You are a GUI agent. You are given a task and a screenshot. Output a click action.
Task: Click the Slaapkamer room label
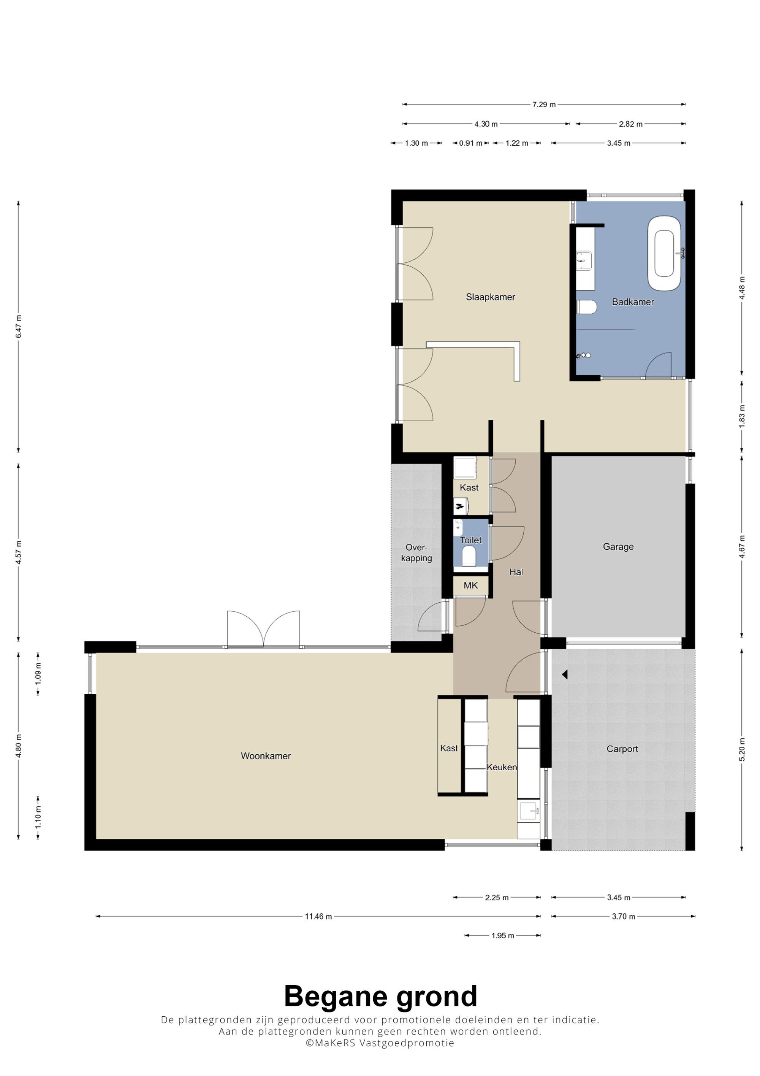click(x=490, y=297)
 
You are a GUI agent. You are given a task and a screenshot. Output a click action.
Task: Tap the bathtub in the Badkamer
click(x=665, y=254)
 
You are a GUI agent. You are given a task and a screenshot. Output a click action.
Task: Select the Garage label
click(x=618, y=547)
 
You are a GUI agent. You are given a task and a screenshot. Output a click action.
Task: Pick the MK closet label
click(x=470, y=585)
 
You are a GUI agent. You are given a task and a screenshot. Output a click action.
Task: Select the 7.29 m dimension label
click(x=544, y=105)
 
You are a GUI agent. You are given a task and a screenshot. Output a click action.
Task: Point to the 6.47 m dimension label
click(x=19, y=327)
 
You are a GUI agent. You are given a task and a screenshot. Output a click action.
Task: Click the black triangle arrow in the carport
click(x=565, y=674)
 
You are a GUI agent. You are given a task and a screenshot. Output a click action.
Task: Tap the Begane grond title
click(x=380, y=997)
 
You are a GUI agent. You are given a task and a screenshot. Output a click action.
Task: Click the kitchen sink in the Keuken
click(x=529, y=812)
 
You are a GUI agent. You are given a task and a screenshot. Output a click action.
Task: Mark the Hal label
click(x=516, y=572)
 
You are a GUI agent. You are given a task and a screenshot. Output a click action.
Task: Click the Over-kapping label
click(x=416, y=552)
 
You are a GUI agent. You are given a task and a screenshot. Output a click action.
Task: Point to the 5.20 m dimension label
click(x=741, y=749)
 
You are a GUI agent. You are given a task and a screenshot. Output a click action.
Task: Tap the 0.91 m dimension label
click(x=470, y=143)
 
